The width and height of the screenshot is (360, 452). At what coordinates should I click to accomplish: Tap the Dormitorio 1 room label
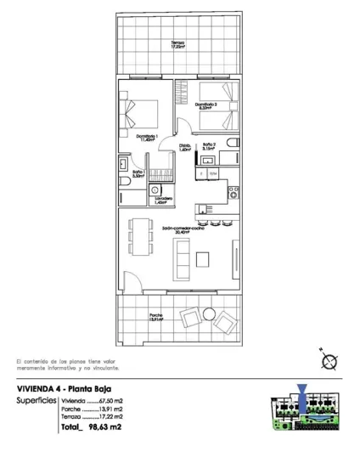pyautogui.click(x=147, y=136)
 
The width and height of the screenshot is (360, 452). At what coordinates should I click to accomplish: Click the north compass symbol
pyautogui.click(x=330, y=360)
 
